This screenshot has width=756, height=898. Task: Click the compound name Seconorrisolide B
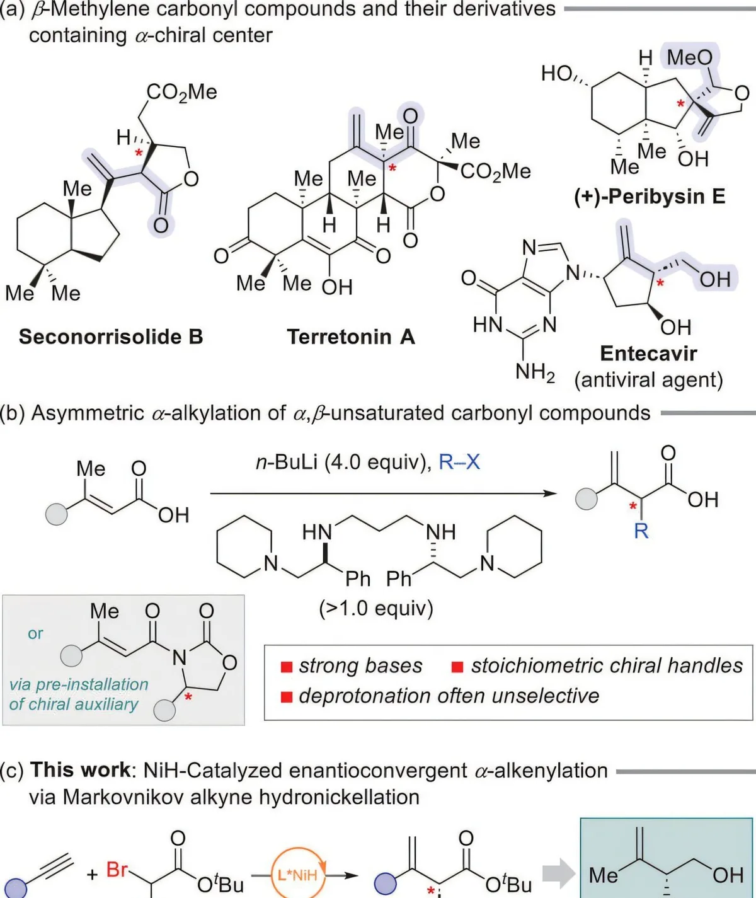111,337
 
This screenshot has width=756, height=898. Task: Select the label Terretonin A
351,337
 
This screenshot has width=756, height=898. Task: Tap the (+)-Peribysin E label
650,197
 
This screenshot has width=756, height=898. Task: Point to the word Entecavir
648,353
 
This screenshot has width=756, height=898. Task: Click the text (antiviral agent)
648,380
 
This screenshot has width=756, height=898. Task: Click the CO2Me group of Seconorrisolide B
181,92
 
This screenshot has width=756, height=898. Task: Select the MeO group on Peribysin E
689,57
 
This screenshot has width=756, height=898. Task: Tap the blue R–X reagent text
459,462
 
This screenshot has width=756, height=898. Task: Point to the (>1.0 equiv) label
376,608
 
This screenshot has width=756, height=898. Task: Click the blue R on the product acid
641,531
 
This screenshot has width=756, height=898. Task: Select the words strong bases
360,665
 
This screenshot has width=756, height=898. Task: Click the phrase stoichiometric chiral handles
607,665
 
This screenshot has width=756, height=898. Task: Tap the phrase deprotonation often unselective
449,696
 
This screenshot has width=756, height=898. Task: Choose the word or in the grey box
35,633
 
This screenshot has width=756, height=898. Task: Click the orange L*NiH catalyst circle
297,874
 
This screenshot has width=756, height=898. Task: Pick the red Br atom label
117,870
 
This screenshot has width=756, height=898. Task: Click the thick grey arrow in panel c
558,874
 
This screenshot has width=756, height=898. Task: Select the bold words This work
80,770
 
